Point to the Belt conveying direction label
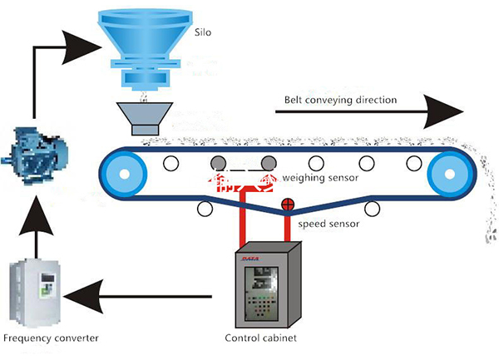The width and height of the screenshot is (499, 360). [x=342, y=100]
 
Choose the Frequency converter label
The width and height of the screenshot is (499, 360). [x=51, y=339]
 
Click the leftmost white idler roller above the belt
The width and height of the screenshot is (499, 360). [x=171, y=163]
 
